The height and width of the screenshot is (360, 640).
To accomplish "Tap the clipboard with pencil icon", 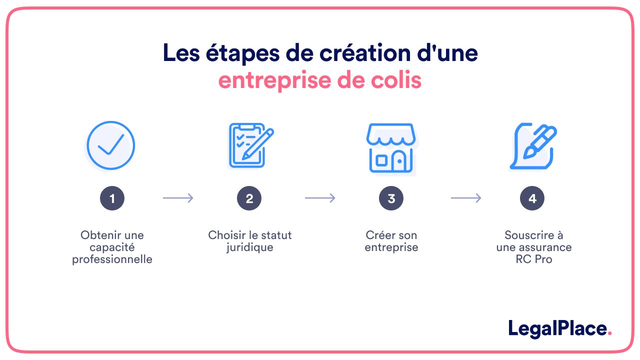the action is point(251,145).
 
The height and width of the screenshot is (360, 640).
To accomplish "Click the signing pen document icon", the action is point(533,146).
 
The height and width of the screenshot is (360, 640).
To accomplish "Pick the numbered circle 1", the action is point(112,198).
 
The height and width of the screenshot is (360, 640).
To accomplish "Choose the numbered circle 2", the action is point(249,198).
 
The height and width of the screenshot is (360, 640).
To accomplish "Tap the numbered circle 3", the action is point(391,198).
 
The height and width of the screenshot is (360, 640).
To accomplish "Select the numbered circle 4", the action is point(532,198).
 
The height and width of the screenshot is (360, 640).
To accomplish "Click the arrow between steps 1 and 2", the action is point(178,198).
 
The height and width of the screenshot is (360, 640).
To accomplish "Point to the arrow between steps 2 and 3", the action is point(320,198).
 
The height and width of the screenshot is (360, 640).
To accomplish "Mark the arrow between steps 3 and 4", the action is point(466,198).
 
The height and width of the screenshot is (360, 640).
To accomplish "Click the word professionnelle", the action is point(112,259).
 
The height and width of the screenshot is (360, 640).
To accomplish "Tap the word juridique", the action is point(249,247).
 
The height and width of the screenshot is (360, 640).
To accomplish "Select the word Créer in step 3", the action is point(377,235).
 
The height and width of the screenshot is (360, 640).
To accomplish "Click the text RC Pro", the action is point(533,259).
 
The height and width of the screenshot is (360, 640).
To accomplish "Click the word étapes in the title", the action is point(242,53).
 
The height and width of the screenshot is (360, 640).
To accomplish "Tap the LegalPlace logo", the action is point(559,329).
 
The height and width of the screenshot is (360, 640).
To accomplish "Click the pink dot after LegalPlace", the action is point(609,333).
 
